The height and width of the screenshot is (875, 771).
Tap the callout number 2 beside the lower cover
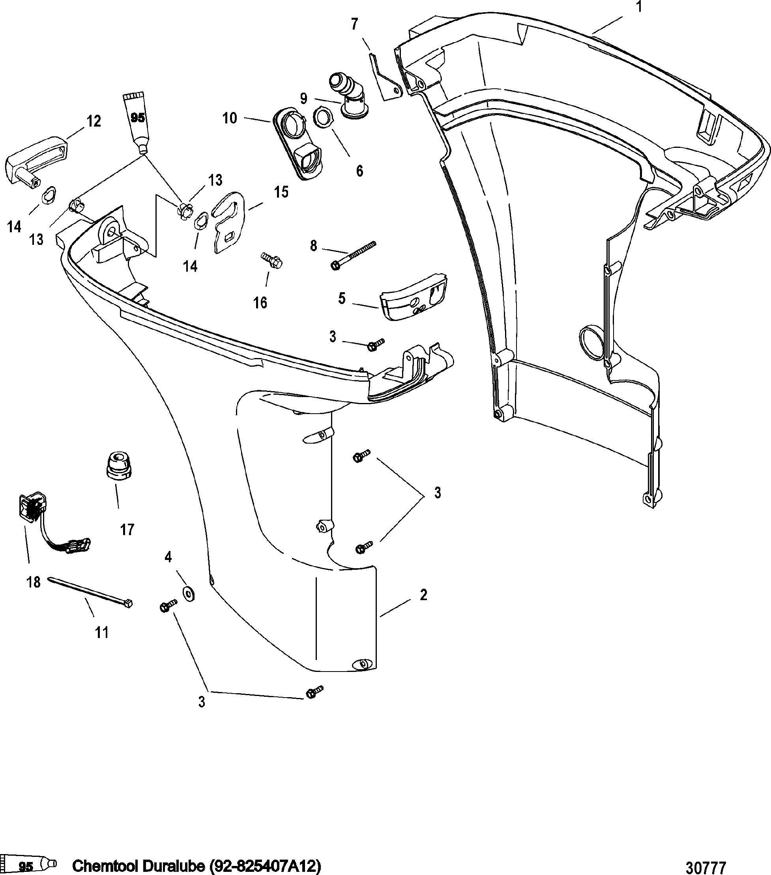tap(423, 595)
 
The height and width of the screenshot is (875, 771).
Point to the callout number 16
tap(260, 303)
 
